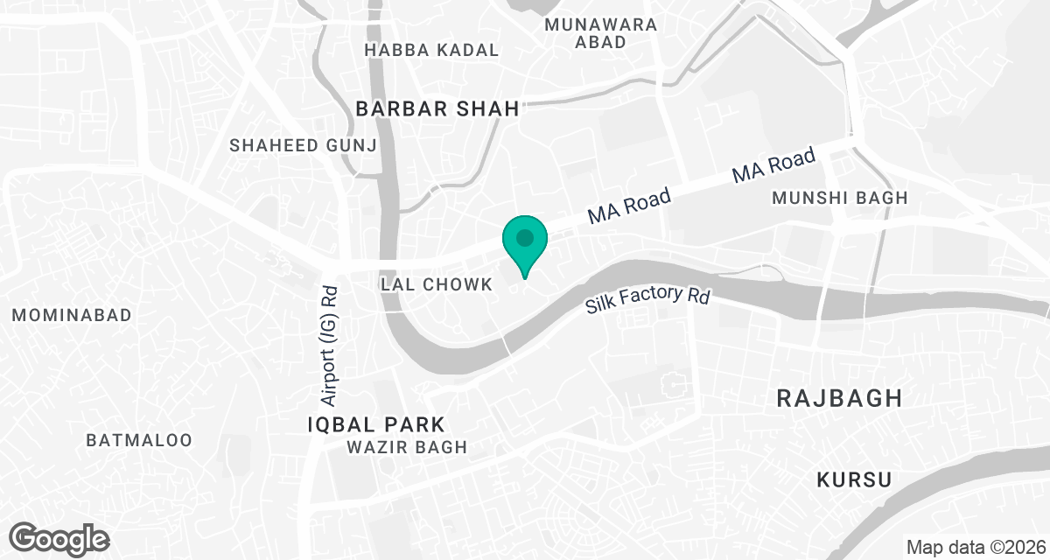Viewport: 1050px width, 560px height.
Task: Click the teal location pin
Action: [x=524, y=241]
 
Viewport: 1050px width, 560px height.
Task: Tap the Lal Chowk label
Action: [x=437, y=284]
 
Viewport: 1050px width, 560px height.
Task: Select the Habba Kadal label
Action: [x=431, y=50]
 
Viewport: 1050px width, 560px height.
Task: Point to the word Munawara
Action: [x=600, y=24]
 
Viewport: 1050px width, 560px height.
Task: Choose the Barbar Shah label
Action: [x=437, y=108]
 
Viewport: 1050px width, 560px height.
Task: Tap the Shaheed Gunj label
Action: [x=303, y=145]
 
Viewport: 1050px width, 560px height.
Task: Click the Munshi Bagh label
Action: [x=840, y=199]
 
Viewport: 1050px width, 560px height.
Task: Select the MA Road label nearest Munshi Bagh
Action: [x=773, y=165]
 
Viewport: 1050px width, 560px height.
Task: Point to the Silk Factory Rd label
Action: [x=647, y=299]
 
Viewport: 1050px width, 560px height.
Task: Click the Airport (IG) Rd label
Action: [x=329, y=346]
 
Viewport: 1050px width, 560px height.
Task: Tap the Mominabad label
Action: [x=72, y=315]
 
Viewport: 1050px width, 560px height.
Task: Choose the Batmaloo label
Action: [x=139, y=439]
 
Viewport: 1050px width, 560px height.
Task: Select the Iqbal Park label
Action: [x=376, y=425]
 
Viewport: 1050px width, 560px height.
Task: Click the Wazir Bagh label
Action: [x=406, y=447]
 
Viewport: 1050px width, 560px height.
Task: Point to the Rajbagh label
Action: [x=839, y=399]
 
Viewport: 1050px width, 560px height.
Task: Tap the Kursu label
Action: [x=854, y=479]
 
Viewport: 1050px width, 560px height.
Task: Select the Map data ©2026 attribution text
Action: [x=975, y=548]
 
